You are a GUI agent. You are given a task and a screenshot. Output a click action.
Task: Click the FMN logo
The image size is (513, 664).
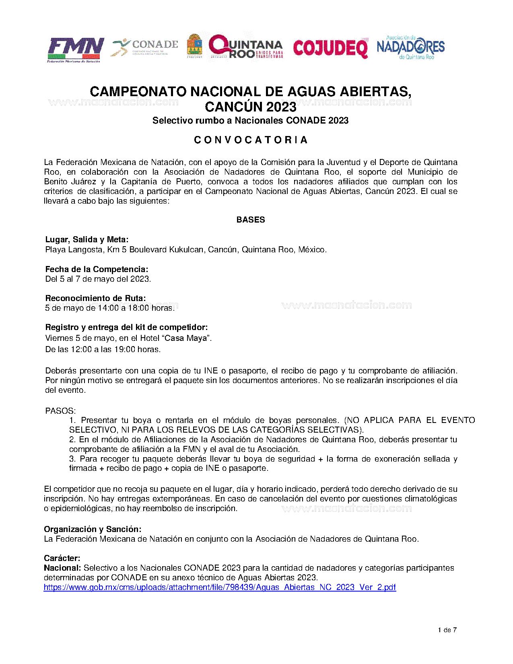(x=75, y=49)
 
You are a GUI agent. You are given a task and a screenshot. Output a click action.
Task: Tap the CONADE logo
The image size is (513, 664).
(x=145, y=47)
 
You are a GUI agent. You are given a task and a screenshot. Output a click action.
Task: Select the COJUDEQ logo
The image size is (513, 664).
(x=330, y=48)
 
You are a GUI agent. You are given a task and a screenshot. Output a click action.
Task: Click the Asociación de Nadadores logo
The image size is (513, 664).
(x=410, y=47)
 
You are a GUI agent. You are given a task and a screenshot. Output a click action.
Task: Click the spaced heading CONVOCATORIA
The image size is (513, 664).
(x=251, y=140)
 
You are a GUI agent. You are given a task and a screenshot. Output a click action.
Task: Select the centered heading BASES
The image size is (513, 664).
(x=251, y=220)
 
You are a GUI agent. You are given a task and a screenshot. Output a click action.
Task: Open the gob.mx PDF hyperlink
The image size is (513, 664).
(x=220, y=587)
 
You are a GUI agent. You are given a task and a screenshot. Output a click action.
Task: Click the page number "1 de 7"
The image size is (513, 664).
(x=447, y=630)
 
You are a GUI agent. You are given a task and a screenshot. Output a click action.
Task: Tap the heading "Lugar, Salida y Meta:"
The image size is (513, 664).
(x=87, y=240)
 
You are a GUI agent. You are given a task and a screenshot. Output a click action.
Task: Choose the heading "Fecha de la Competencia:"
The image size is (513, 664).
(x=97, y=269)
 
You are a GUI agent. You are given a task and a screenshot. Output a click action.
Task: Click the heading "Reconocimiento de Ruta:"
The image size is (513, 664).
(x=95, y=298)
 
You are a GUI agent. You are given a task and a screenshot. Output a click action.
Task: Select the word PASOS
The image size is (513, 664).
(x=60, y=411)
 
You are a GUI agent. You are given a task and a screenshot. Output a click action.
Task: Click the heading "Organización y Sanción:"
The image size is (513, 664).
(x=93, y=529)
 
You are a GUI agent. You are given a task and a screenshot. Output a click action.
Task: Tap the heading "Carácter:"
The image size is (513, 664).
(x=62, y=558)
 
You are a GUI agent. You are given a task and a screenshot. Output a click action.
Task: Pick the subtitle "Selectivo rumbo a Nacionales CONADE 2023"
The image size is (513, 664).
(x=250, y=120)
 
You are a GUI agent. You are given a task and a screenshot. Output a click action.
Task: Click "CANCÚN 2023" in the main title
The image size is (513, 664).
(x=250, y=107)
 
